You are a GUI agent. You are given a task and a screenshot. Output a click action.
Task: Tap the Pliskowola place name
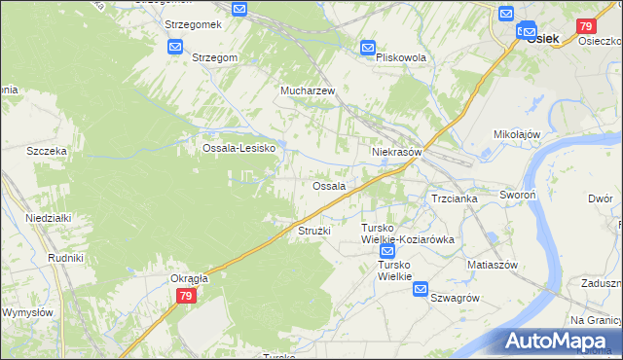(x=401, y=58)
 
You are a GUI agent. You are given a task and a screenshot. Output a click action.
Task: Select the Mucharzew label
(x=308, y=90)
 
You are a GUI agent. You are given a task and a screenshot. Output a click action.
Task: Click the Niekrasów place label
(x=396, y=153)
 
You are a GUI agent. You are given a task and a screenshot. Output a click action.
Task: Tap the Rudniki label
(x=65, y=258)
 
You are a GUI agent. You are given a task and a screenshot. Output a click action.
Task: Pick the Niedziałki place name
(x=49, y=218)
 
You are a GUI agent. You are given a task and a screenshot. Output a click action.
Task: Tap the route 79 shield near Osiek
(x=586, y=26)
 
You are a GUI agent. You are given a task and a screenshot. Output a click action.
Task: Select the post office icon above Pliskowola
(x=368, y=47)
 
